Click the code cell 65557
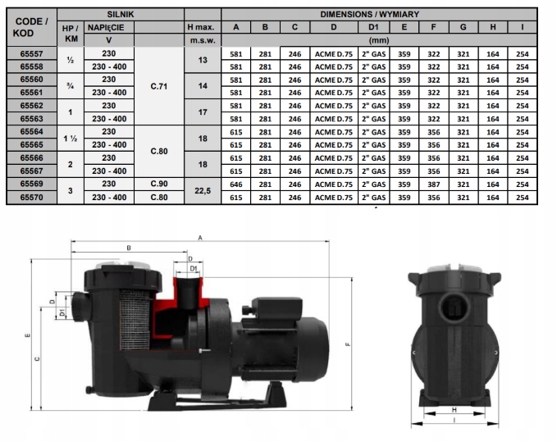click(32, 53)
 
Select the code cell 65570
click(32, 197)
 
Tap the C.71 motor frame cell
click(159, 86)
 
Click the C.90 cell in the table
click(159, 184)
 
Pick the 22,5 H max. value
click(203, 190)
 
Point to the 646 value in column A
click(236, 185)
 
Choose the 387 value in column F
click(434, 185)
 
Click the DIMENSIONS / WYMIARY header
click(369, 15)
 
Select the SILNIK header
click(121, 15)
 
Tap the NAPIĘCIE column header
click(106, 27)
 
